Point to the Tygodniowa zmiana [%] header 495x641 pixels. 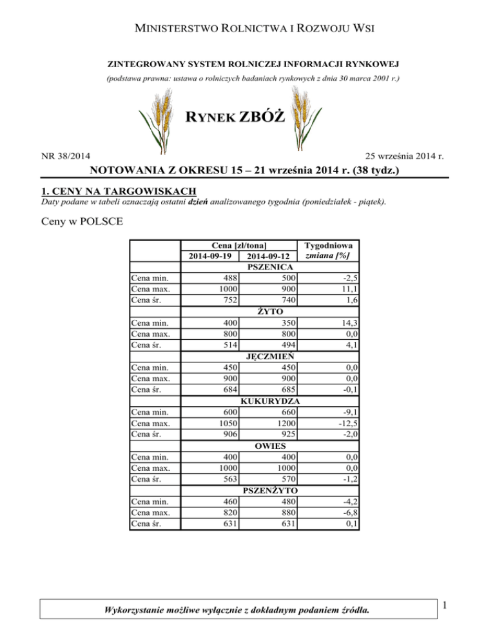[x=327, y=250]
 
